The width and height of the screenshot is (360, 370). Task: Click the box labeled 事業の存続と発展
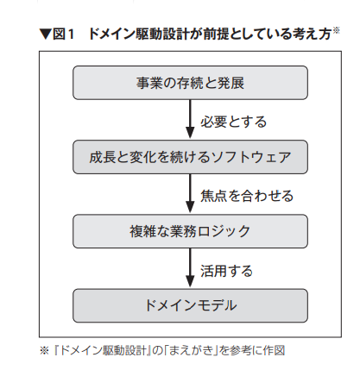point(190,83)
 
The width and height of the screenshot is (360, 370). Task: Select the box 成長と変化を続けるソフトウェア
point(190,157)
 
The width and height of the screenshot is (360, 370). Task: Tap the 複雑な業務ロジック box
point(190,231)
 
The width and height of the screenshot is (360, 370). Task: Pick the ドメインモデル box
point(190,305)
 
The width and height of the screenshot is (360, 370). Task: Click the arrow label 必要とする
point(234,122)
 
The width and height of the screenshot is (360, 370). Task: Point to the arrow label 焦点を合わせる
point(247,196)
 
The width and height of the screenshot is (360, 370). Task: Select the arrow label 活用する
point(226,271)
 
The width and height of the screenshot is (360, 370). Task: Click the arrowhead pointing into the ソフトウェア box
point(190,133)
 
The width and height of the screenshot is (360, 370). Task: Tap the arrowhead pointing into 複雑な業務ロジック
point(190,207)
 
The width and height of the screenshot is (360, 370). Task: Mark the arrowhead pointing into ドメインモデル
point(190,281)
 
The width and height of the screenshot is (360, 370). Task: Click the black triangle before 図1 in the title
point(46,34)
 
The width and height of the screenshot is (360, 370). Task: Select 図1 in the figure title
point(63,34)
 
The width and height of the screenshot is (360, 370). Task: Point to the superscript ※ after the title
point(337,29)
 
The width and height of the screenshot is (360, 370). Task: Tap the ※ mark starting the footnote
point(45,350)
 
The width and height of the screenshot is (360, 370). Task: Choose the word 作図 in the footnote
point(275,350)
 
